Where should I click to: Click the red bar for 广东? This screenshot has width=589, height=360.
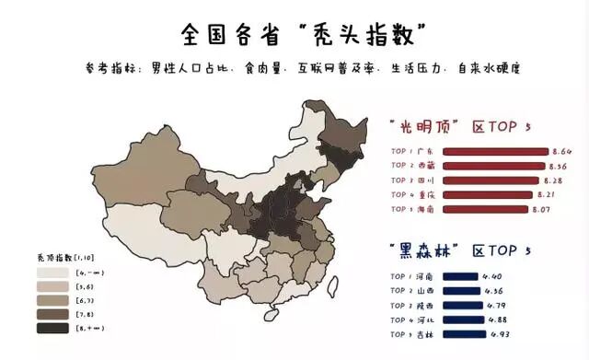tap(496, 151)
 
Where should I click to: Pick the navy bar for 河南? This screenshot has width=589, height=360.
tap(459, 276)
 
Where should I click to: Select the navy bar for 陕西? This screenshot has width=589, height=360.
tap(461, 306)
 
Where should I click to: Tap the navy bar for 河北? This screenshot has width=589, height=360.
tap(462, 320)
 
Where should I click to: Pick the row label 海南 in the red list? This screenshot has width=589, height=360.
tap(426, 210)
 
